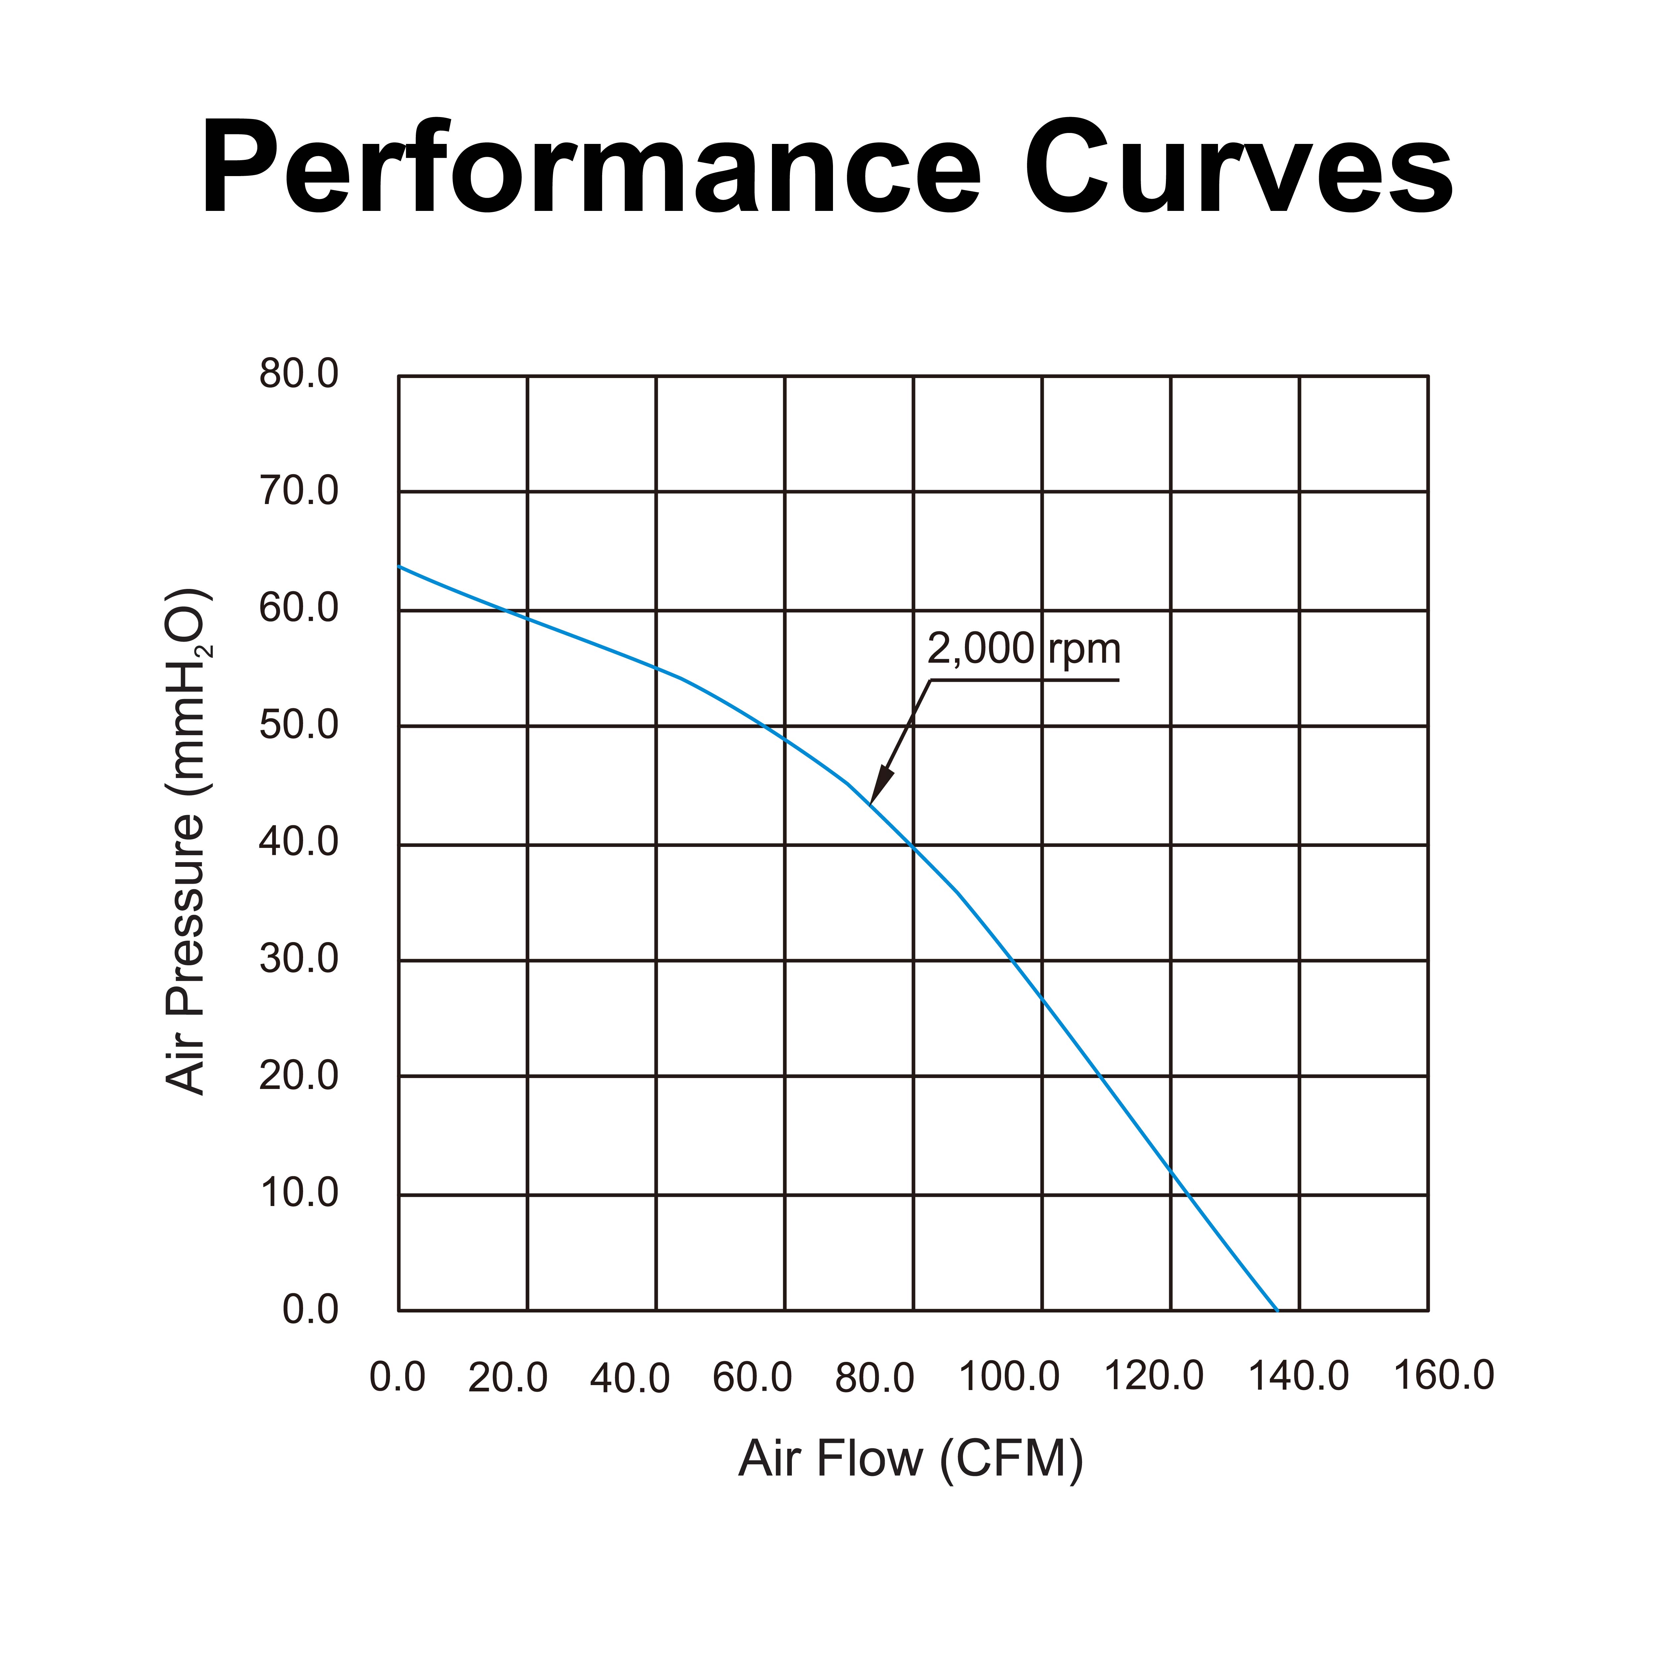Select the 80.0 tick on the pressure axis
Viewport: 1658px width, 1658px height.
299,374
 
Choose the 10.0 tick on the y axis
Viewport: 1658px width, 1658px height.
299,1193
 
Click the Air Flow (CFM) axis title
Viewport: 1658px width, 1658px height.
911,1459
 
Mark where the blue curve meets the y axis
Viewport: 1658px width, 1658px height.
399,566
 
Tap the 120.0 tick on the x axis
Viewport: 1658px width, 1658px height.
1153,1377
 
